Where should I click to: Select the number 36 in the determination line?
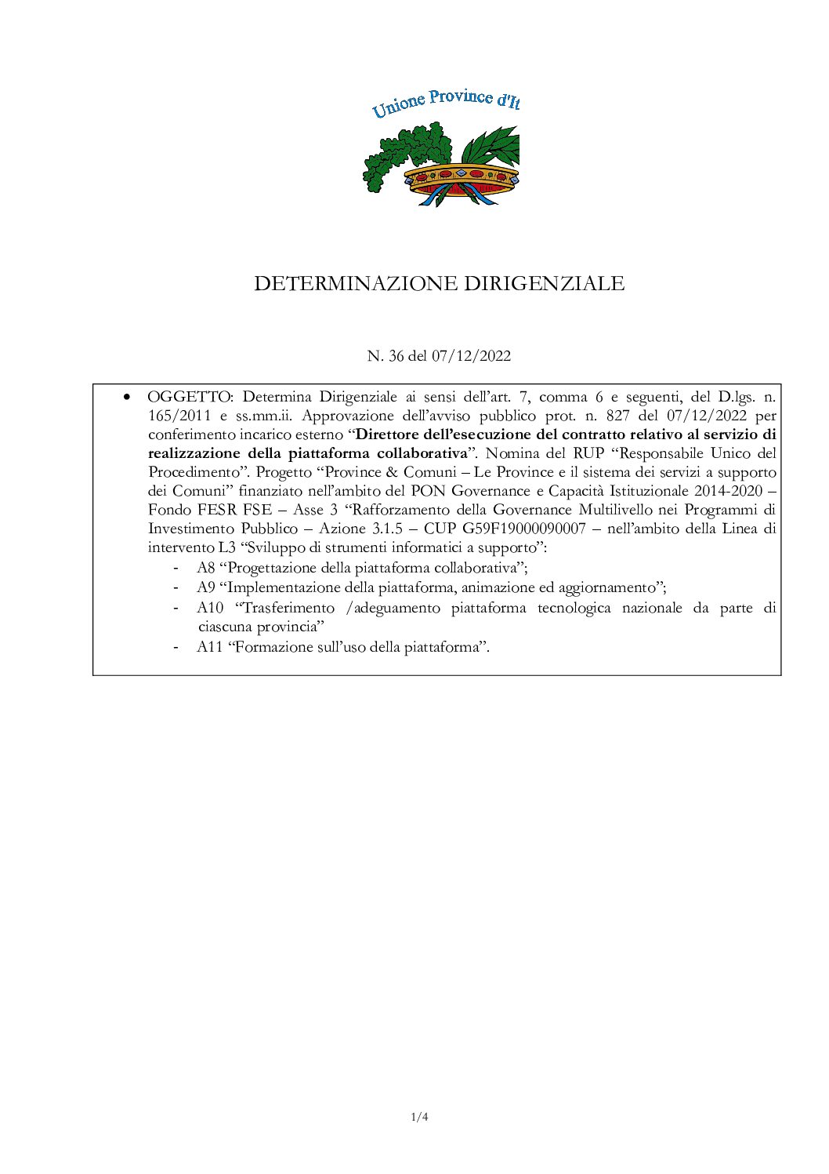click(x=396, y=356)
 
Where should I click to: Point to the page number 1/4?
click(x=419, y=1117)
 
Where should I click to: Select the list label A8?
click(x=206, y=568)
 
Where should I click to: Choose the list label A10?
click(x=210, y=608)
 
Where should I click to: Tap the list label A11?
click(x=210, y=647)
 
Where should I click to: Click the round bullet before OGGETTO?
click(x=126, y=397)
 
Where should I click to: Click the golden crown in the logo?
click(x=462, y=177)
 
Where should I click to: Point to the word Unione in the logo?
click(x=398, y=104)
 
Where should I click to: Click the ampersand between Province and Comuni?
click(x=392, y=472)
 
